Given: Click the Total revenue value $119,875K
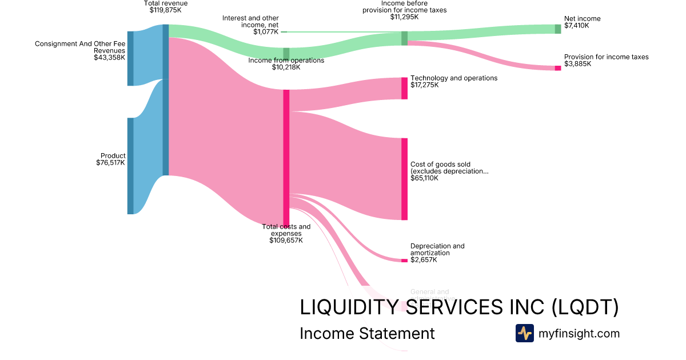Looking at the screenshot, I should point(165,10).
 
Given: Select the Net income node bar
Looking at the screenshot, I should point(558,29).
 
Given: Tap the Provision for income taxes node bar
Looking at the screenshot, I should point(558,68).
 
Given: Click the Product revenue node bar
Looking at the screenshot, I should point(130,166).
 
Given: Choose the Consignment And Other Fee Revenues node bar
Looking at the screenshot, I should point(130,58).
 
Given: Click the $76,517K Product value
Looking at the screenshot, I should point(111,163).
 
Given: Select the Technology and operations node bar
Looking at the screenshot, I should point(404,88).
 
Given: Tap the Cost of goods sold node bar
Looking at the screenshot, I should point(404,179).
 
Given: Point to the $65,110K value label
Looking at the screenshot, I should point(424,178).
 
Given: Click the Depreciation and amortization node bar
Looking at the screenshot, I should point(404,261).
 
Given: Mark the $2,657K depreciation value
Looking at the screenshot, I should point(424,260).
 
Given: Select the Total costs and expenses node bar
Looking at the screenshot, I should point(286,157).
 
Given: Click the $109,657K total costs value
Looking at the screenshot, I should point(286,241).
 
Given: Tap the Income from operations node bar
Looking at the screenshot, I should point(286,54).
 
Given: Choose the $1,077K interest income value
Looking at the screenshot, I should point(266,32).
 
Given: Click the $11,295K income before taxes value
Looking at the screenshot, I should point(404,17).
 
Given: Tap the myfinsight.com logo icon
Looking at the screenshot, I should point(524,333).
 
